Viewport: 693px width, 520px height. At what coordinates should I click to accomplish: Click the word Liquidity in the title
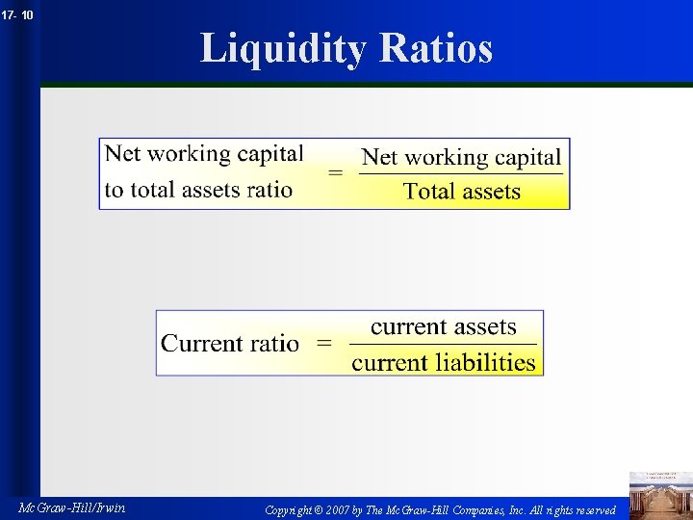[x=282, y=48]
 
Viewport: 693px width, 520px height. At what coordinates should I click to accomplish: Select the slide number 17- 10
[x=17, y=15]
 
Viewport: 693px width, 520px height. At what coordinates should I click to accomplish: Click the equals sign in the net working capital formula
[x=335, y=173]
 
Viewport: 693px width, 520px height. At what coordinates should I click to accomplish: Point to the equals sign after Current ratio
[x=324, y=343]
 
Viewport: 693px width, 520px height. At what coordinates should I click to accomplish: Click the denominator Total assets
[x=462, y=191]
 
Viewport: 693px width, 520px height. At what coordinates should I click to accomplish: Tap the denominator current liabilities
[x=443, y=362]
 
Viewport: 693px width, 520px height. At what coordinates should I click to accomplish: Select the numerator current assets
[x=443, y=327]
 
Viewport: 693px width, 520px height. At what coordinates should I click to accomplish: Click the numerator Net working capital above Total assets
[x=461, y=157]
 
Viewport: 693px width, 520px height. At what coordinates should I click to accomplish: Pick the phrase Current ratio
[x=230, y=343]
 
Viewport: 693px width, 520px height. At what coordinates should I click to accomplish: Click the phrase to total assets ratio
[x=198, y=189]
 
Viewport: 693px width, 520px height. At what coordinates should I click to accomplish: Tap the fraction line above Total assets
[x=461, y=174]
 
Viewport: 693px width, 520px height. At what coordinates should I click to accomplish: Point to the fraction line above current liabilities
[x=443, y=345]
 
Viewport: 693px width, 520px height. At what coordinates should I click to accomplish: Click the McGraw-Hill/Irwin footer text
[x=71, y=507]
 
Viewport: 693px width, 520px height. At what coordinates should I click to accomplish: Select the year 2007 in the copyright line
[x=339, y=508]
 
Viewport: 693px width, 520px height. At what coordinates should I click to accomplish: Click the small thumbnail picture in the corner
[x=659, y=494]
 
